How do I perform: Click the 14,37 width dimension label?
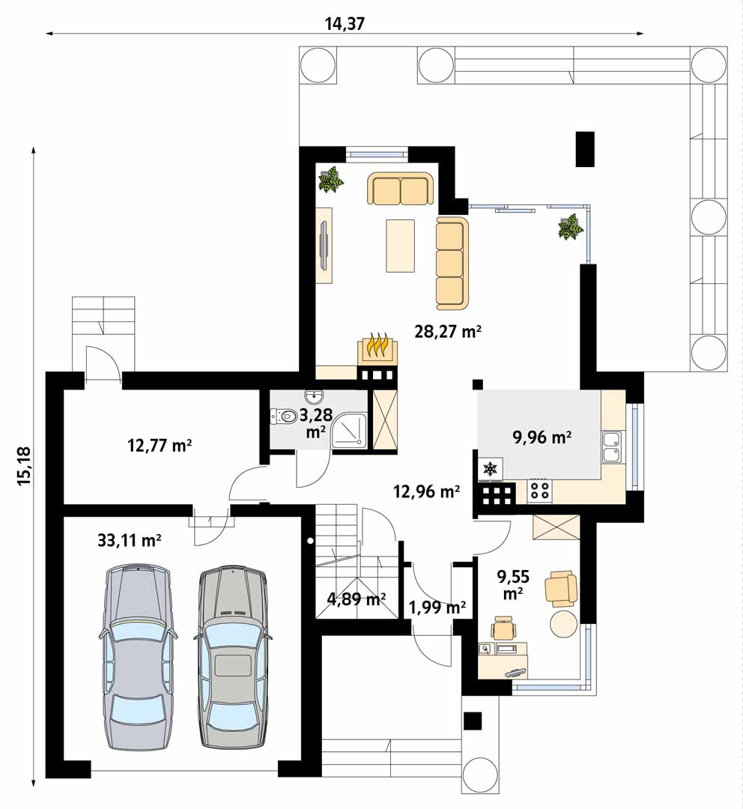(x=345, y=24)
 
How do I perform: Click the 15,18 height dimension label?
(x=25, y=466)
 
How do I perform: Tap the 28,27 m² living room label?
(x=448, y=331)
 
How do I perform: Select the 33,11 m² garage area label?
(x=130, y=540)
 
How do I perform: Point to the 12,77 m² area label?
(x=160, y=445)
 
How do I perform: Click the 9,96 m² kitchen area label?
(x=542, y=437)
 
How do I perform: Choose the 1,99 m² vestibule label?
(x=437, y=607)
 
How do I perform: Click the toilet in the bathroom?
(x=283, y=416)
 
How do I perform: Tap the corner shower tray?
(x=349, y=430)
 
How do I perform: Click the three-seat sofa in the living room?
(x=452, y=263)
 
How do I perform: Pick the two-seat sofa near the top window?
(x=401, y=188)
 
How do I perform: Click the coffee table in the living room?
(x=401, y=246)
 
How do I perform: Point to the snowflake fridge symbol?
(x=490, y=469)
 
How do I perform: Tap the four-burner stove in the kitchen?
(x=540, y=489)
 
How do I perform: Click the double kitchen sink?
(x=611, y=447)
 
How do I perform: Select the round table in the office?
(x=563, y=624)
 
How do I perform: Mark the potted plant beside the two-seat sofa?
(x=331, y=179)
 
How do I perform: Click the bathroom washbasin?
(x=314, y=397)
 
